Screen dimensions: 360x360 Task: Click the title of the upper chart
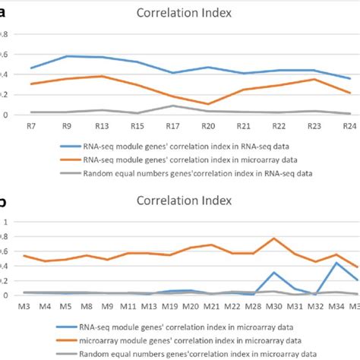(x=179, y=12)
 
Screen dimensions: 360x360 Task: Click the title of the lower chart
(x=179, y=202)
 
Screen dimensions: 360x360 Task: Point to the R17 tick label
(x=173, y=125)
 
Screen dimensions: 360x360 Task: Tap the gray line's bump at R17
(x=173, y=106)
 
